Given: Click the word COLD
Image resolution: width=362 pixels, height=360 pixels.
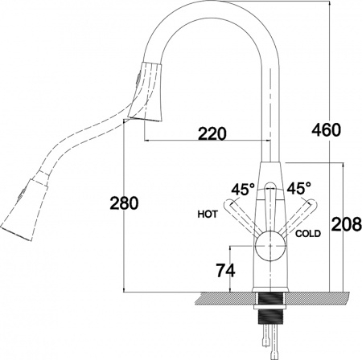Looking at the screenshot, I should point(308,234).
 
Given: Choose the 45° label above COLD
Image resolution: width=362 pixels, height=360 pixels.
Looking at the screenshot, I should point(298,188).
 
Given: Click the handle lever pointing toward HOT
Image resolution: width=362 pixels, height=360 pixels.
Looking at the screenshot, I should point(240,215).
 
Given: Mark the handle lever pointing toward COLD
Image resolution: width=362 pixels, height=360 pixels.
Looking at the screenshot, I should point(298,215).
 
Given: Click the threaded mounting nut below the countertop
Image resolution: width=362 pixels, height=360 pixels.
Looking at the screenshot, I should point(269,309).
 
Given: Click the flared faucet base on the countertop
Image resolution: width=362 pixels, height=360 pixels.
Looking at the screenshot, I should point(269,287).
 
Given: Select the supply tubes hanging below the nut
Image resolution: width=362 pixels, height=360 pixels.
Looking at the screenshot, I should point(269,337).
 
